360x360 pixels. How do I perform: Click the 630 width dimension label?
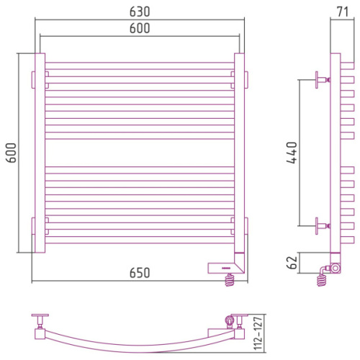[140, 12]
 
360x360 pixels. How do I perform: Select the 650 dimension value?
[140, 273]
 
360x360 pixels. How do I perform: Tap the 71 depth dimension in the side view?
[343, 12]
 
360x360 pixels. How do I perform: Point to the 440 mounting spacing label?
[292, 153]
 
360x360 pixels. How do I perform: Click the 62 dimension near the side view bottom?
[292, 263]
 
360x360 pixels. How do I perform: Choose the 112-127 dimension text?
[258, 333]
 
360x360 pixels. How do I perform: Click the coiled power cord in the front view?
[230, 280]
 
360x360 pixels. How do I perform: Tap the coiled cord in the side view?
[322, 280]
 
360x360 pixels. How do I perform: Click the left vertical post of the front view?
[40, 153]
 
